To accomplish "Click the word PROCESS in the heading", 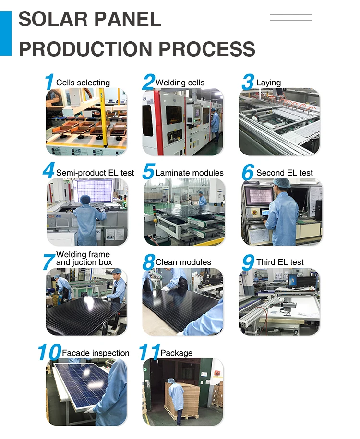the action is (207, 49).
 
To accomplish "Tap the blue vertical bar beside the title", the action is (6, 33).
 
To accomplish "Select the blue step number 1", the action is (49, 82).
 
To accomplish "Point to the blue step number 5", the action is (148, 171).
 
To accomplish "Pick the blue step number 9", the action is (248, 262).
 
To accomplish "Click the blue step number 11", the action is (150, 352).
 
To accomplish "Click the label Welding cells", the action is (180, 83).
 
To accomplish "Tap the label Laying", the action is (268, 83).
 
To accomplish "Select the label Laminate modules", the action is (190, 173).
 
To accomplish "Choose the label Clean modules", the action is (183, 262).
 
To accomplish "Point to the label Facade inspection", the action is (96, 353).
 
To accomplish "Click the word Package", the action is (177, 353).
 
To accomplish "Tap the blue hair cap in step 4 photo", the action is (85, 200).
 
